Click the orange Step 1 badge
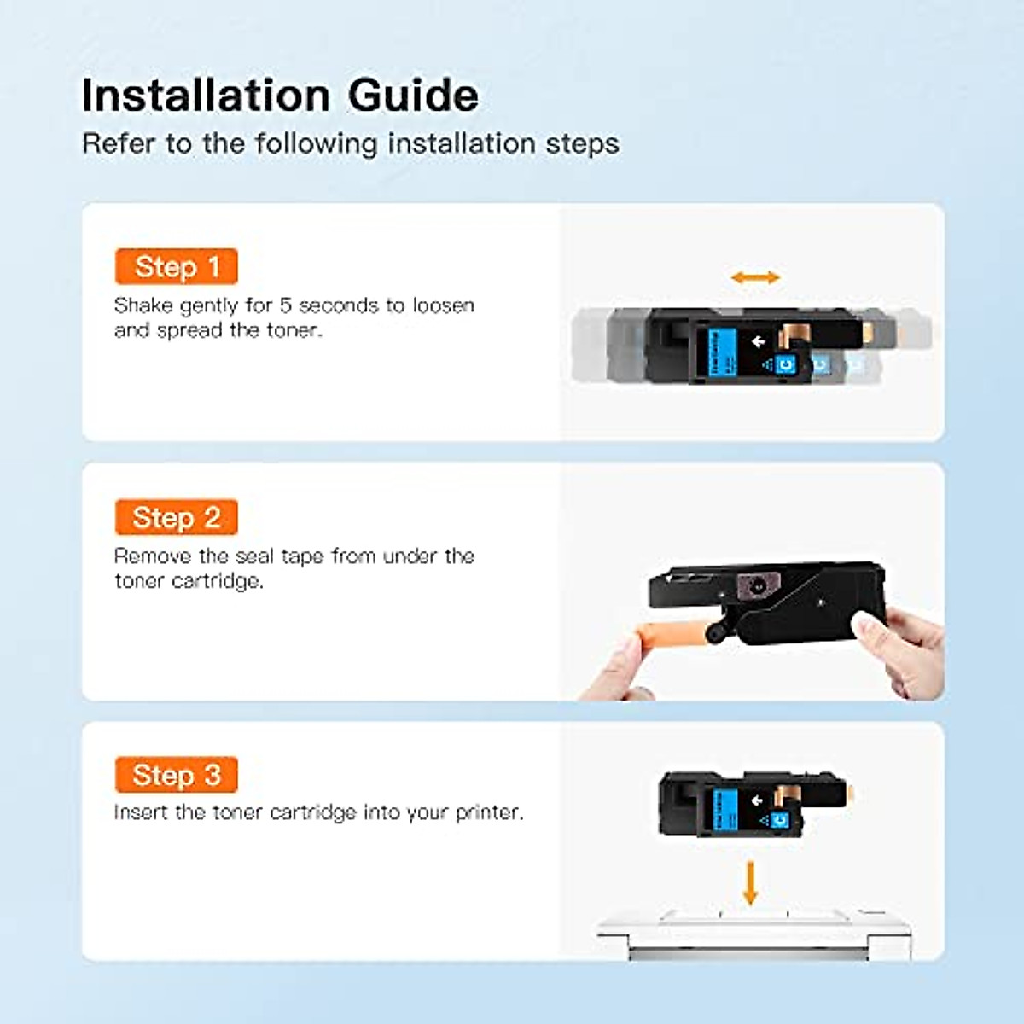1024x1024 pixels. coord(176,266)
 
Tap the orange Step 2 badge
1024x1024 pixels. coord(176,517)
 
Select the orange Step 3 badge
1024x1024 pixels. coord(176,775)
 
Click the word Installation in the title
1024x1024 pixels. coord(205,95)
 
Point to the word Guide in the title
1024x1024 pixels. coord(413,95)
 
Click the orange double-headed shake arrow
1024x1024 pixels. coord(755,277)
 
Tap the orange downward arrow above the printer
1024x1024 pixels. coord(750,882)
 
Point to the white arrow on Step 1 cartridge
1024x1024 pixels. coord(758,342)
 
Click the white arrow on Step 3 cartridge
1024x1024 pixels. coord(757,800)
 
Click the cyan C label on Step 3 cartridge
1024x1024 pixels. coord(777,821)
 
